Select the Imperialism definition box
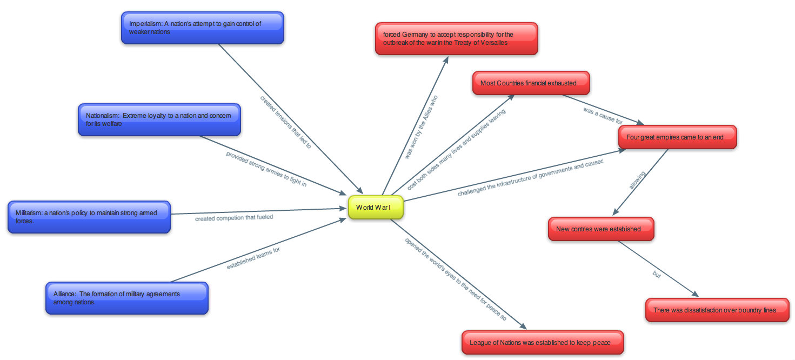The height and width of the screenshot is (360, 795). pyautogui.click(x=202, y=28)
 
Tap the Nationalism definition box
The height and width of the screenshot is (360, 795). pyautogui.click(x=159, y=119)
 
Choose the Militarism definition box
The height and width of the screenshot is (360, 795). pyautogui.click(x=89, y=217)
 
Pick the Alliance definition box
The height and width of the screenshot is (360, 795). pyautogui.click(x=126, y=298)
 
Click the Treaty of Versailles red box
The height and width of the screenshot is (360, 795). pyautogui.click(x=456, y=38)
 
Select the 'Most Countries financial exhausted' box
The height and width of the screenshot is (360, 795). pyautogui.click(x=531, y=83)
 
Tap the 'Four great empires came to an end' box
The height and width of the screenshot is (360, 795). pyautogui.click(x=677, y=137)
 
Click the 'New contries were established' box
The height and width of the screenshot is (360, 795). pyautogui.click(x=601, y=229)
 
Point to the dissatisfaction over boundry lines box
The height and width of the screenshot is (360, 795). pyautogui.click(x=717, y=310)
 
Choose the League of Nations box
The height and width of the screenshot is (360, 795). pyautogui.click(x=542, y=343)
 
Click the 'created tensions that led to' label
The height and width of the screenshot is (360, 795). pyautogui.click(x=285, y=122)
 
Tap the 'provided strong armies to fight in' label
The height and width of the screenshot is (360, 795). pyautogui.click(x=266, y=169)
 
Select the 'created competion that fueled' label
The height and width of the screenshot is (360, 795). pyautogui.click(x=234, y=218)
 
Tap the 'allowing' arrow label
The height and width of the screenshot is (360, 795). pyautogui.click(x=637, y=182)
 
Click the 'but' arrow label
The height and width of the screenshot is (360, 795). pyautogui.click(x=657, y=275)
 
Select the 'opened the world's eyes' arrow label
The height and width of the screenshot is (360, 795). pyautogui.click(x=455, y=279)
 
